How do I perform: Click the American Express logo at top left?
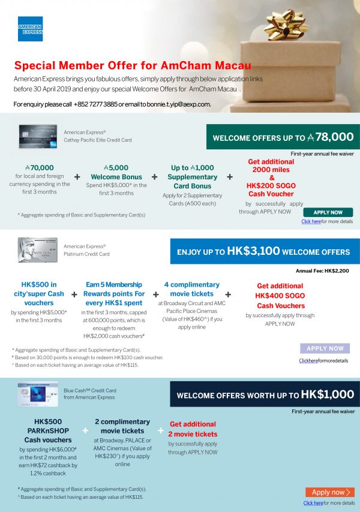pos(30,29)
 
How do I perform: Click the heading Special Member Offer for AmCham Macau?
pos(133,66)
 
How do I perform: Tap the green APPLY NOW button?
pos(328,212)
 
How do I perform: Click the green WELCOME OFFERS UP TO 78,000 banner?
pos(283,137)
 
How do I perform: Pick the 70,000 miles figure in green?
pos(40,168)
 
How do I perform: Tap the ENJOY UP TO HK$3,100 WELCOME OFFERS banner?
pos(265,251)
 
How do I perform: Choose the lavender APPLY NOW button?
pos(325,348)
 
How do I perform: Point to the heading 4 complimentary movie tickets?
pos(191,289)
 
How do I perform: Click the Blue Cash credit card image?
pos(38,394)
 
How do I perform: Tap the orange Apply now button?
pos(329,492)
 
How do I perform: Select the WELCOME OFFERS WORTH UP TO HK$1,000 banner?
pos(265,395)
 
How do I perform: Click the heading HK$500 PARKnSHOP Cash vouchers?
pos(48,430)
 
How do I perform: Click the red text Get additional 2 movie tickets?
pos(193,429)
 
